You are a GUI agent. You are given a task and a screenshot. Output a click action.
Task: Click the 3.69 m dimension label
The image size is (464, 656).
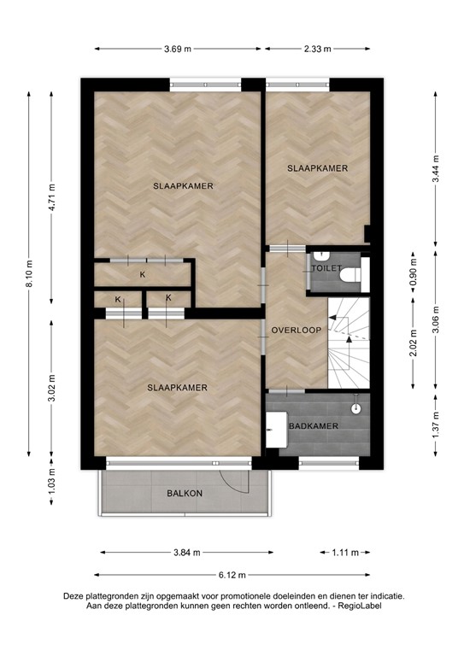pos(178,49)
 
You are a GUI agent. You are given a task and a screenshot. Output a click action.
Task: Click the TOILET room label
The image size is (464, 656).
pos(326,268)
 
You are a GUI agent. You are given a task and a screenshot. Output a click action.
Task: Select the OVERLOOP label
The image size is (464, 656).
pos(295,330)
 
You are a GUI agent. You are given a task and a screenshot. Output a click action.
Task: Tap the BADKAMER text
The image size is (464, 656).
pos(313,425)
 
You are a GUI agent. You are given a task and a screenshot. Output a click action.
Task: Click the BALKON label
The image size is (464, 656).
pos(184,494)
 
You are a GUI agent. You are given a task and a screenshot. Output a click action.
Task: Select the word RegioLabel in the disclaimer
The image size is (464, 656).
pos(359,606)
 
